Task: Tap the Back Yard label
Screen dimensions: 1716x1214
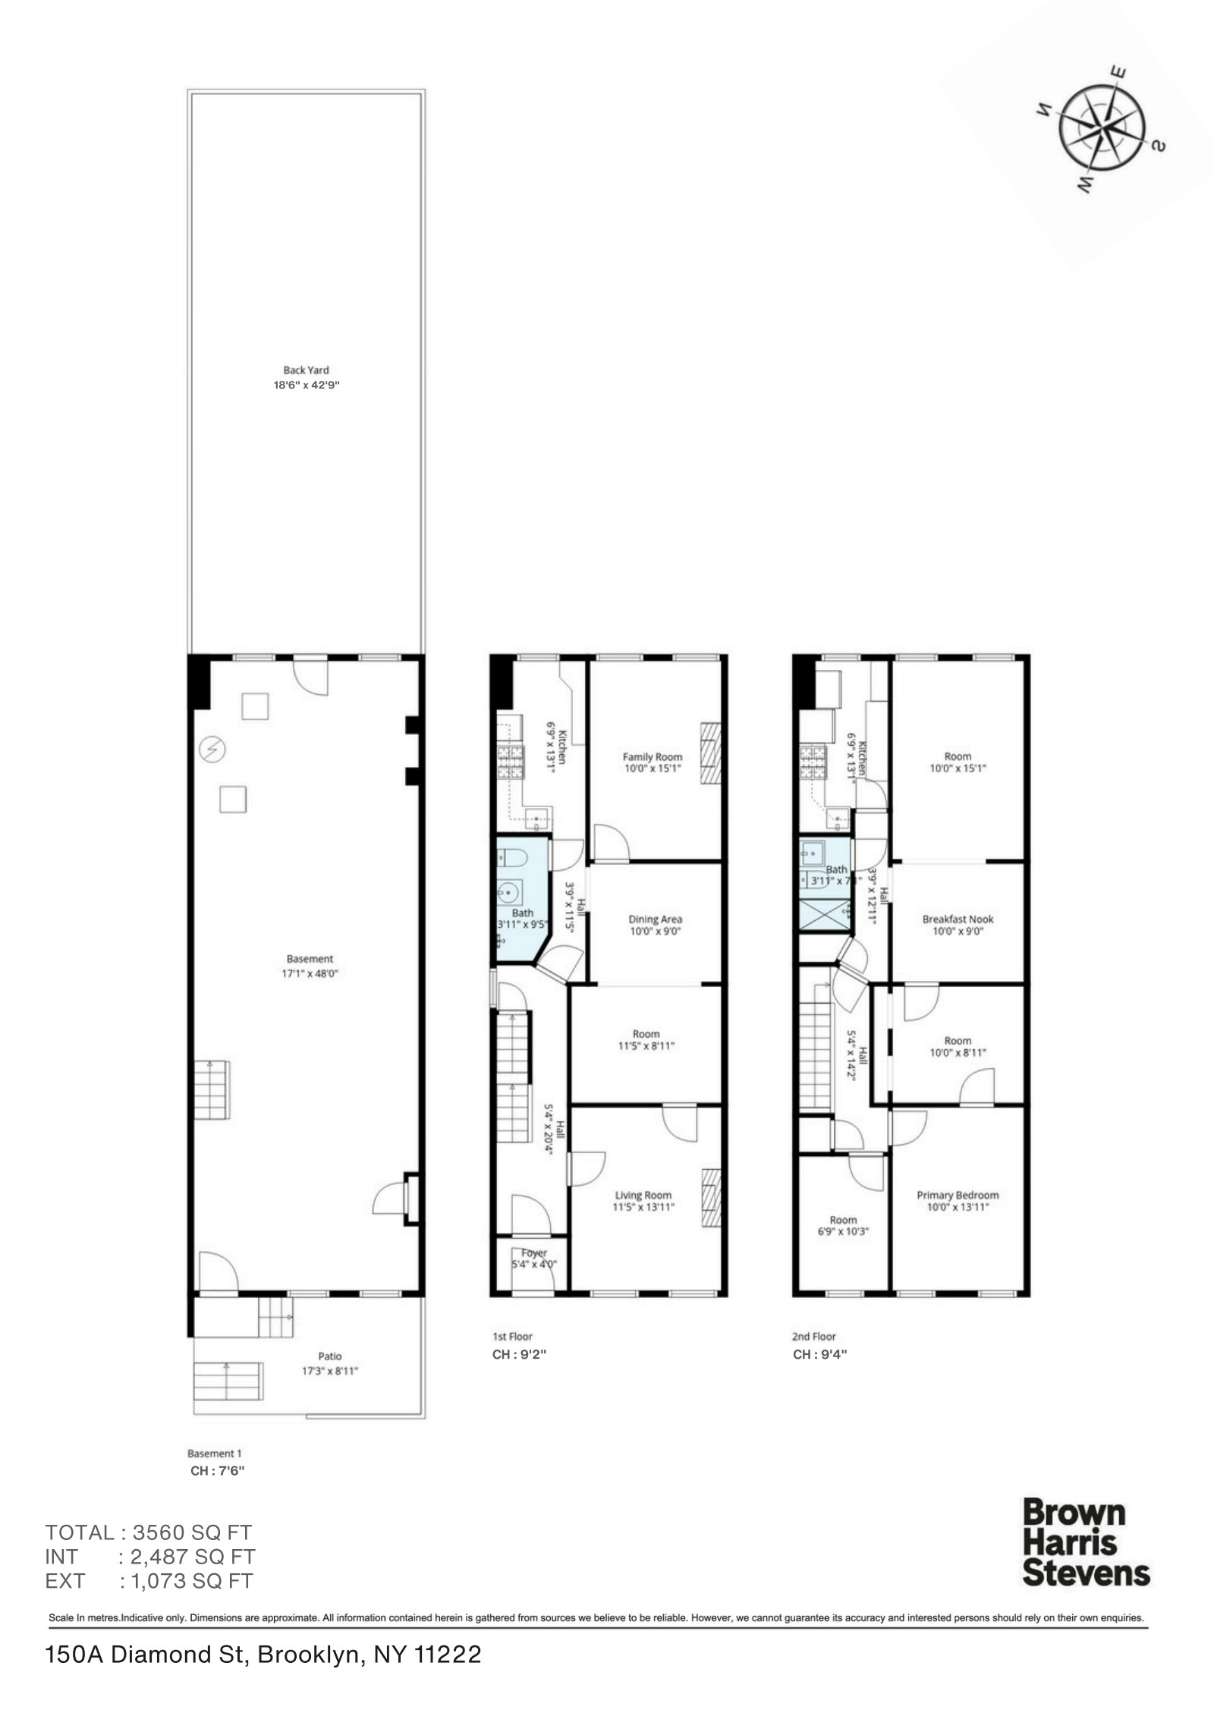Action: (306, 377)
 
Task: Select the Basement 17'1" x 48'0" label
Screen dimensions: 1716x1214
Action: (309, 966)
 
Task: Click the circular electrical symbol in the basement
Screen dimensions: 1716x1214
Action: (212, 750)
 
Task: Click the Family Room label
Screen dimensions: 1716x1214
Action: (652, 762)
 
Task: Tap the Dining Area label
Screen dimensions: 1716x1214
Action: (655, 925)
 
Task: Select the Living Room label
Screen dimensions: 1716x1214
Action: (643, 1201)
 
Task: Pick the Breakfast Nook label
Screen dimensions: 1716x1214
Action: (958, 924)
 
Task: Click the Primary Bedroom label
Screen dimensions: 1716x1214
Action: (958, 1200)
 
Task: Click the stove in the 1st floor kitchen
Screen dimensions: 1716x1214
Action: (511, 762)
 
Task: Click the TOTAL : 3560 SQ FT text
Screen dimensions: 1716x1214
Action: (148, 1532)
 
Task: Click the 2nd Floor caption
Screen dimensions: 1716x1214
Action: (813, 1337)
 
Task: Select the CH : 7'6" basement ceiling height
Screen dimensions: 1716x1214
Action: (217, 1471)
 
